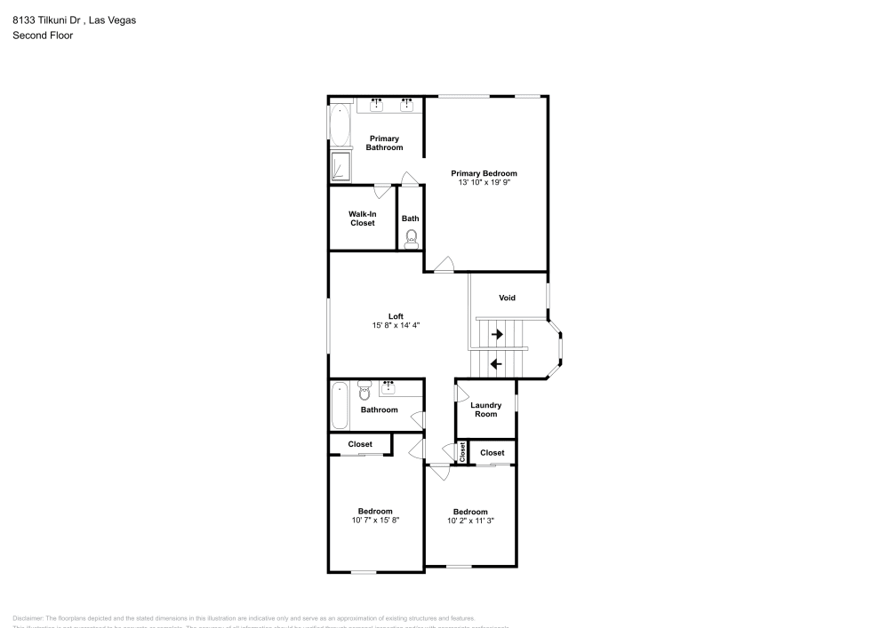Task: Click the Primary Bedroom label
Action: tap(484, 173)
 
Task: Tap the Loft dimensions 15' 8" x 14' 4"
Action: tap(396, 326)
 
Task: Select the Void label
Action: tap(507, 298)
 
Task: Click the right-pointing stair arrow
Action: tap(497, 334)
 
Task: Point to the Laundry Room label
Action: tap(485, 409)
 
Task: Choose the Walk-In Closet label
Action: tap(362, 219)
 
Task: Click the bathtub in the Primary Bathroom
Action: tap(340, 126)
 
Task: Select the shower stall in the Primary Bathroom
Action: tap(340, 166)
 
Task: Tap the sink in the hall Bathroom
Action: tap(388, 387)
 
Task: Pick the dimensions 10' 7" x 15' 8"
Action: tap(375, 521)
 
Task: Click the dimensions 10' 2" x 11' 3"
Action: tap(470, 521)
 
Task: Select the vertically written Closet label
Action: tap(462, 451)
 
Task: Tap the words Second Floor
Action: tap(43, 36)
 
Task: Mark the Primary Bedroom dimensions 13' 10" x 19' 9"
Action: tap(484, 182)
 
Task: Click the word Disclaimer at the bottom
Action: tap(28, 618)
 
